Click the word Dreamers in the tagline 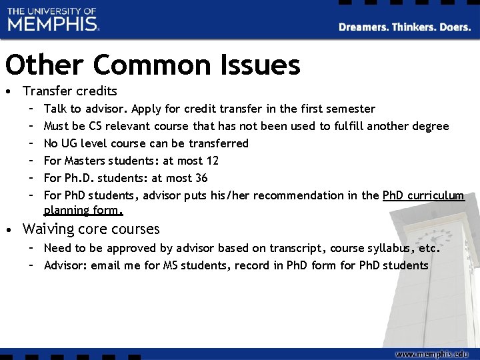click(x=363, y=27)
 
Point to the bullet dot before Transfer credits click(x=8, y=91)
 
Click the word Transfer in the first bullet click(x=49, y=91)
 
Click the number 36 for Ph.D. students click(x=201, y=178)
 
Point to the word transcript click(x=297, y=248)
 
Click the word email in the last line click(x=109, y=265)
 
